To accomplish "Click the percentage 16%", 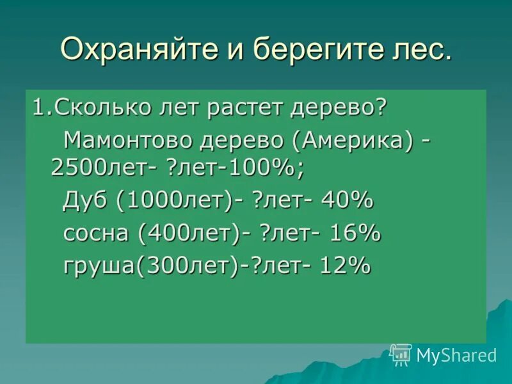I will click(355, 233).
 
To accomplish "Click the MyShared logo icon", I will click(401, 354).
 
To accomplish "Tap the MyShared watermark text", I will click(456, 355).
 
